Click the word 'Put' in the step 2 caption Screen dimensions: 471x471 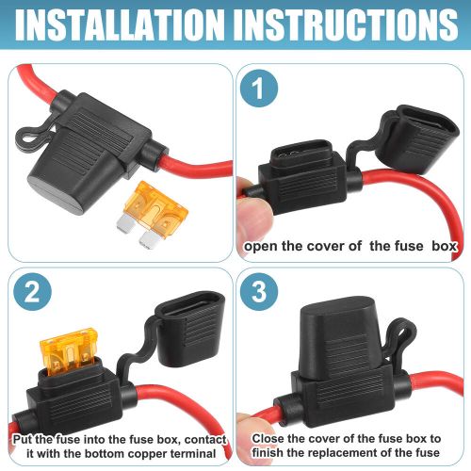click(x=24, y=439)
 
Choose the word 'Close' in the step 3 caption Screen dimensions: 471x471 click(x=272, y=439)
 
